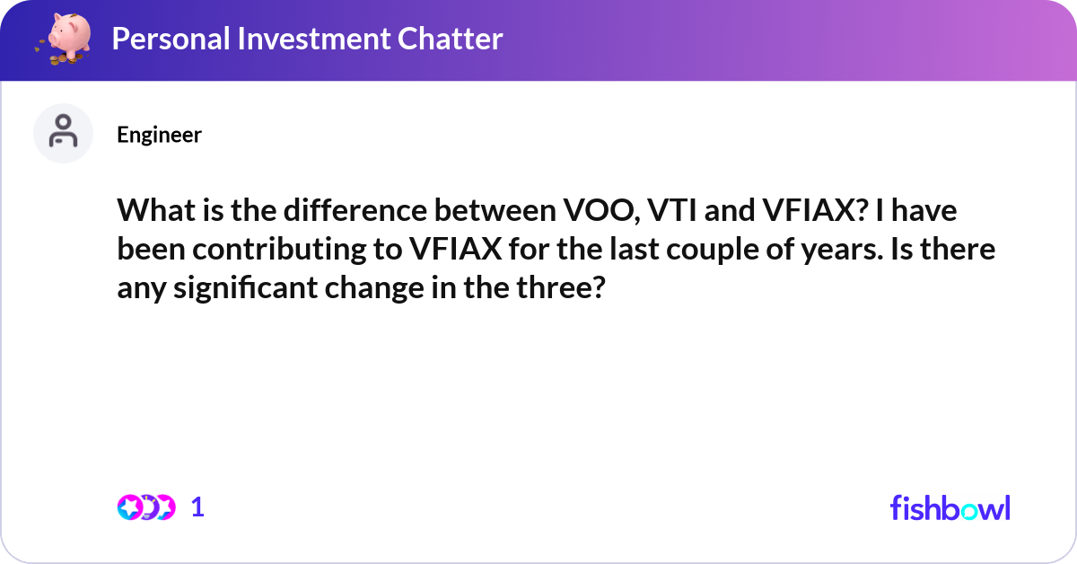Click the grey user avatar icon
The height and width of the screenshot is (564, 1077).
[63, 133]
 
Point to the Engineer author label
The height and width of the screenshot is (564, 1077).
[159, 135]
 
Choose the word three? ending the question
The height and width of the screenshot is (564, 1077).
[559, 288]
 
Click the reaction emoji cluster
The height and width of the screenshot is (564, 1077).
[146, 507]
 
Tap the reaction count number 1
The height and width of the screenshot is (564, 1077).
[197, 507]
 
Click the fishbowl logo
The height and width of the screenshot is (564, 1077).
[950, 507]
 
